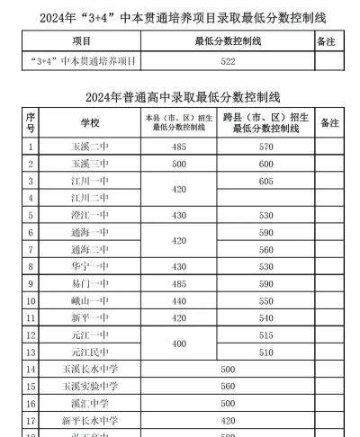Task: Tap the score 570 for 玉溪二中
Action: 265,147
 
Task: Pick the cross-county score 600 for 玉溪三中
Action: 265,164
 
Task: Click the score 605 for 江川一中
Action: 265,181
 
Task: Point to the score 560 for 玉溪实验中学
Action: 227,386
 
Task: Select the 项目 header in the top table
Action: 82,41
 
